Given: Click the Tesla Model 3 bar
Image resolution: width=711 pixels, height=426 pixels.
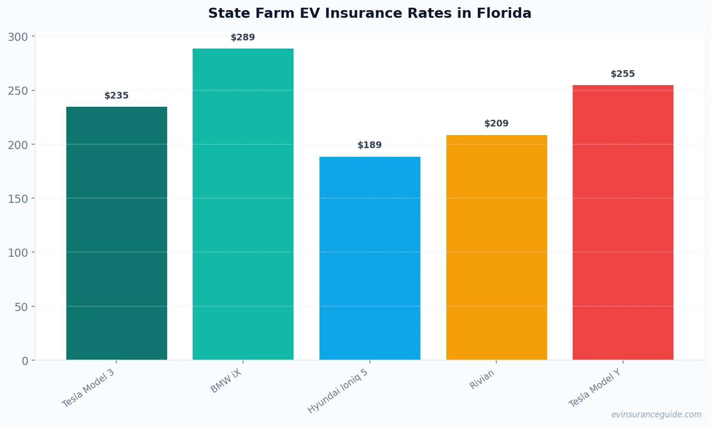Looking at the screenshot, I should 117,233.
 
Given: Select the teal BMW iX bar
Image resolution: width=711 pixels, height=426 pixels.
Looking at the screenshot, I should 243,204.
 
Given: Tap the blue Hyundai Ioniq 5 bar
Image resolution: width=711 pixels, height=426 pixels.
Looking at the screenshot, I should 370,258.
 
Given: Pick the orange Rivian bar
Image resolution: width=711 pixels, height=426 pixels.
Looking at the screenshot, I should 496,247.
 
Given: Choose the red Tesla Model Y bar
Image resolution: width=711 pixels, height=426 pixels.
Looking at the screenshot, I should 623,222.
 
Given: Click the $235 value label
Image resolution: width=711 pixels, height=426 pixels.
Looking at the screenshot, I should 117,96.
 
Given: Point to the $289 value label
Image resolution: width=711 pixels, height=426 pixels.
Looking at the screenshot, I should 243,38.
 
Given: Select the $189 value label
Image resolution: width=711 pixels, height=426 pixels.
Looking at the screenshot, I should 370,145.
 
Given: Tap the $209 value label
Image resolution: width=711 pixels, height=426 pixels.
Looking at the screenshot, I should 496,124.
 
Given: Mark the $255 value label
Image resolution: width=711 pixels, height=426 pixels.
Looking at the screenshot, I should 623,74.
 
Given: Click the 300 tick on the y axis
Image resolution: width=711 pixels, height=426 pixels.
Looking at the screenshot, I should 18,37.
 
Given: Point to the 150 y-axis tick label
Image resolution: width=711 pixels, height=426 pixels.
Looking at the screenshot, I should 18,199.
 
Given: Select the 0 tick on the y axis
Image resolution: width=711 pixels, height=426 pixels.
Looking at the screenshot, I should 25,361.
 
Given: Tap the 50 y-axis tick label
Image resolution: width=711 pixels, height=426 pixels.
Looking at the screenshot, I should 21,307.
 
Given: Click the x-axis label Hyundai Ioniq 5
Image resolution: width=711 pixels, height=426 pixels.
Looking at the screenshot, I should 338,391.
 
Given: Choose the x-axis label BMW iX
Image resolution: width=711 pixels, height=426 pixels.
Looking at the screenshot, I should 226,381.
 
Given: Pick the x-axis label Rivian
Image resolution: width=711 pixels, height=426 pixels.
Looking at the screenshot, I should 482,380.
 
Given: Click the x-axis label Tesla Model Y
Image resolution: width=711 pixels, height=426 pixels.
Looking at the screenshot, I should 595,388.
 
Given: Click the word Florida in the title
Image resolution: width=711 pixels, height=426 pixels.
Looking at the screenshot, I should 504,13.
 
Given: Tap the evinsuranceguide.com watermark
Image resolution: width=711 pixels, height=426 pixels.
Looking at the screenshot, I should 656,414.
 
